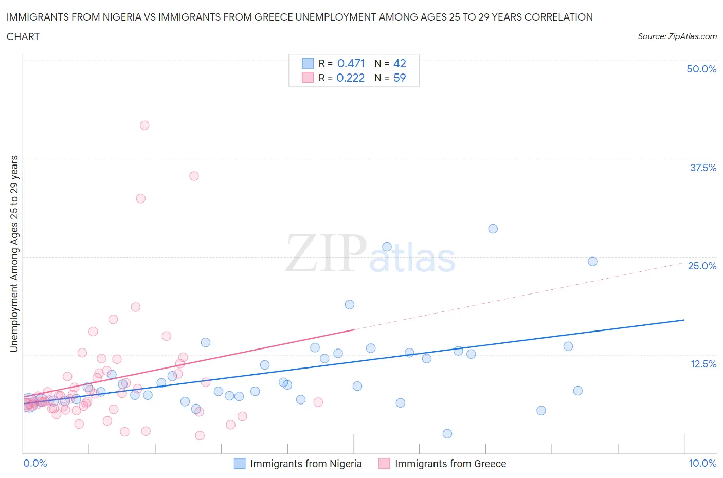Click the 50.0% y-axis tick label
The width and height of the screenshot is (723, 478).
(x=701, y=69)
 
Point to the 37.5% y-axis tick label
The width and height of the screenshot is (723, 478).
(x=703, y=168)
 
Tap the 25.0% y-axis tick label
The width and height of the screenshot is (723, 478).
(x=702, y=266)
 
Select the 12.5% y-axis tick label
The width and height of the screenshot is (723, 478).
(x=703, y=364)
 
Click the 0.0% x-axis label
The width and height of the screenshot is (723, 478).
(x=35, y=463)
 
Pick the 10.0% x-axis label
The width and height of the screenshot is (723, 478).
(x=702, y=463)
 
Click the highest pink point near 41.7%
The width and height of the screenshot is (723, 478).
(x=144, y=125)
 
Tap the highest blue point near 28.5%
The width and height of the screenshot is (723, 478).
(x=493, y=229)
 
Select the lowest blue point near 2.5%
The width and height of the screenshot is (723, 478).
(x=447, y=434)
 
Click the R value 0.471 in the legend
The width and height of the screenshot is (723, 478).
(x=351, y=63)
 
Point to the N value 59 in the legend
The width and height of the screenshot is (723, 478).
(x=400, y=78)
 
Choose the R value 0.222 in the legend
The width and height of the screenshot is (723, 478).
(x=351, y=78)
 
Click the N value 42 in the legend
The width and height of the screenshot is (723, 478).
(x=400, y=63)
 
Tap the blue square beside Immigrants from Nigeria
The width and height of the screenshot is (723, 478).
(x=240, y=464)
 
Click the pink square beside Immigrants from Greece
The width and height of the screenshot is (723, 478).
(x=384, y=464)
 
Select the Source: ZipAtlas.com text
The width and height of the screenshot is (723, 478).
(x=677, y=36)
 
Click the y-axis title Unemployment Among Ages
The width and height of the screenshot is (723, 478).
(x=14, y=253)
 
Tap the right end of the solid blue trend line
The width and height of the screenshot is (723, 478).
(x=684, y=320)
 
